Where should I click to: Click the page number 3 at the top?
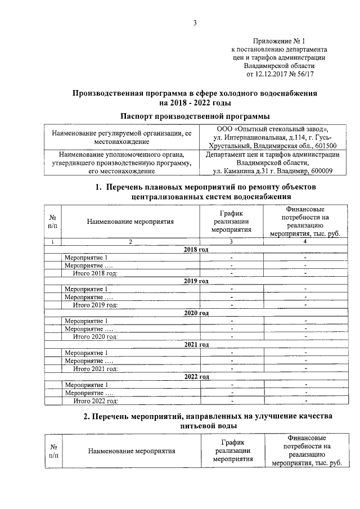195,23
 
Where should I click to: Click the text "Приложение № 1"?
280,41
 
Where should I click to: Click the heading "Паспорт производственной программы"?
195,116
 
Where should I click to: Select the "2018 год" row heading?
196,249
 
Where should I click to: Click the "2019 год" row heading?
196,281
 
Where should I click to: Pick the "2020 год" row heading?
196,313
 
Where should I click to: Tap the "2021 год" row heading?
196,344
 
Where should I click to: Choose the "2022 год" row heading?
196,376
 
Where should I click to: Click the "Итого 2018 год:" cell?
95,273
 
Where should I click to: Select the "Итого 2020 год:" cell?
95,336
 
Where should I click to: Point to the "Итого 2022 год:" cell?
95,400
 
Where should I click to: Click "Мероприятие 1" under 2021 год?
86,353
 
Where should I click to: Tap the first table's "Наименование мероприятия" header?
130,221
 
